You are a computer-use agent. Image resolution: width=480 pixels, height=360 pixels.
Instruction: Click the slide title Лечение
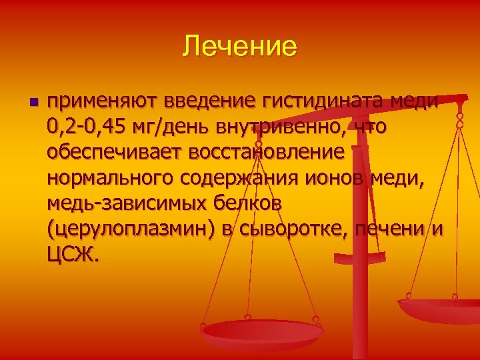point(239,47)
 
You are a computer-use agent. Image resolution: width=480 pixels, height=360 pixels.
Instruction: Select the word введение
point(207,101)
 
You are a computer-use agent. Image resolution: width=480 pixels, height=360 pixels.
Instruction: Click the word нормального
point(108,178)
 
